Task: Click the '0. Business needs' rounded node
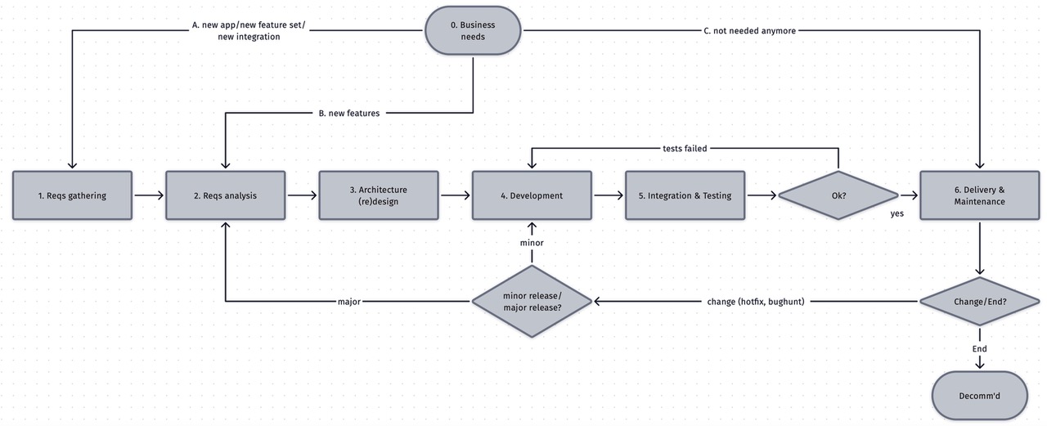[473, 31]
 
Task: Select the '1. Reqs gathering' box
[72, 195]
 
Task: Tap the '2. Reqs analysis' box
[225, 195]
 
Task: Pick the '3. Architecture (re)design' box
[378, 195]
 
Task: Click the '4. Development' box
[532, 195]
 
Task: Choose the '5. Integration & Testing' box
[685, 195]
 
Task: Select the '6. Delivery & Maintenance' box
[979, 195]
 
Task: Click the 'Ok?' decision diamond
[838, 195]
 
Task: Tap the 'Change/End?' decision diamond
[979, 302]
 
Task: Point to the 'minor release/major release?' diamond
[532, 302]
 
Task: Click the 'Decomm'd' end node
[979, 396]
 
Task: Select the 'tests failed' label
[685, 149]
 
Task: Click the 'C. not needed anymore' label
[749, 31]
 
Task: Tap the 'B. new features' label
[348, 113]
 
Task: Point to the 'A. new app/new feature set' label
[249, 31]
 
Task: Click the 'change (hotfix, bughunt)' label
[756, 302]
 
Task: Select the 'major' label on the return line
[349, 302]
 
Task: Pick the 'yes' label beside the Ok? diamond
[896, 213]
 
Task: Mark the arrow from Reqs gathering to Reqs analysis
[148, 195]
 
